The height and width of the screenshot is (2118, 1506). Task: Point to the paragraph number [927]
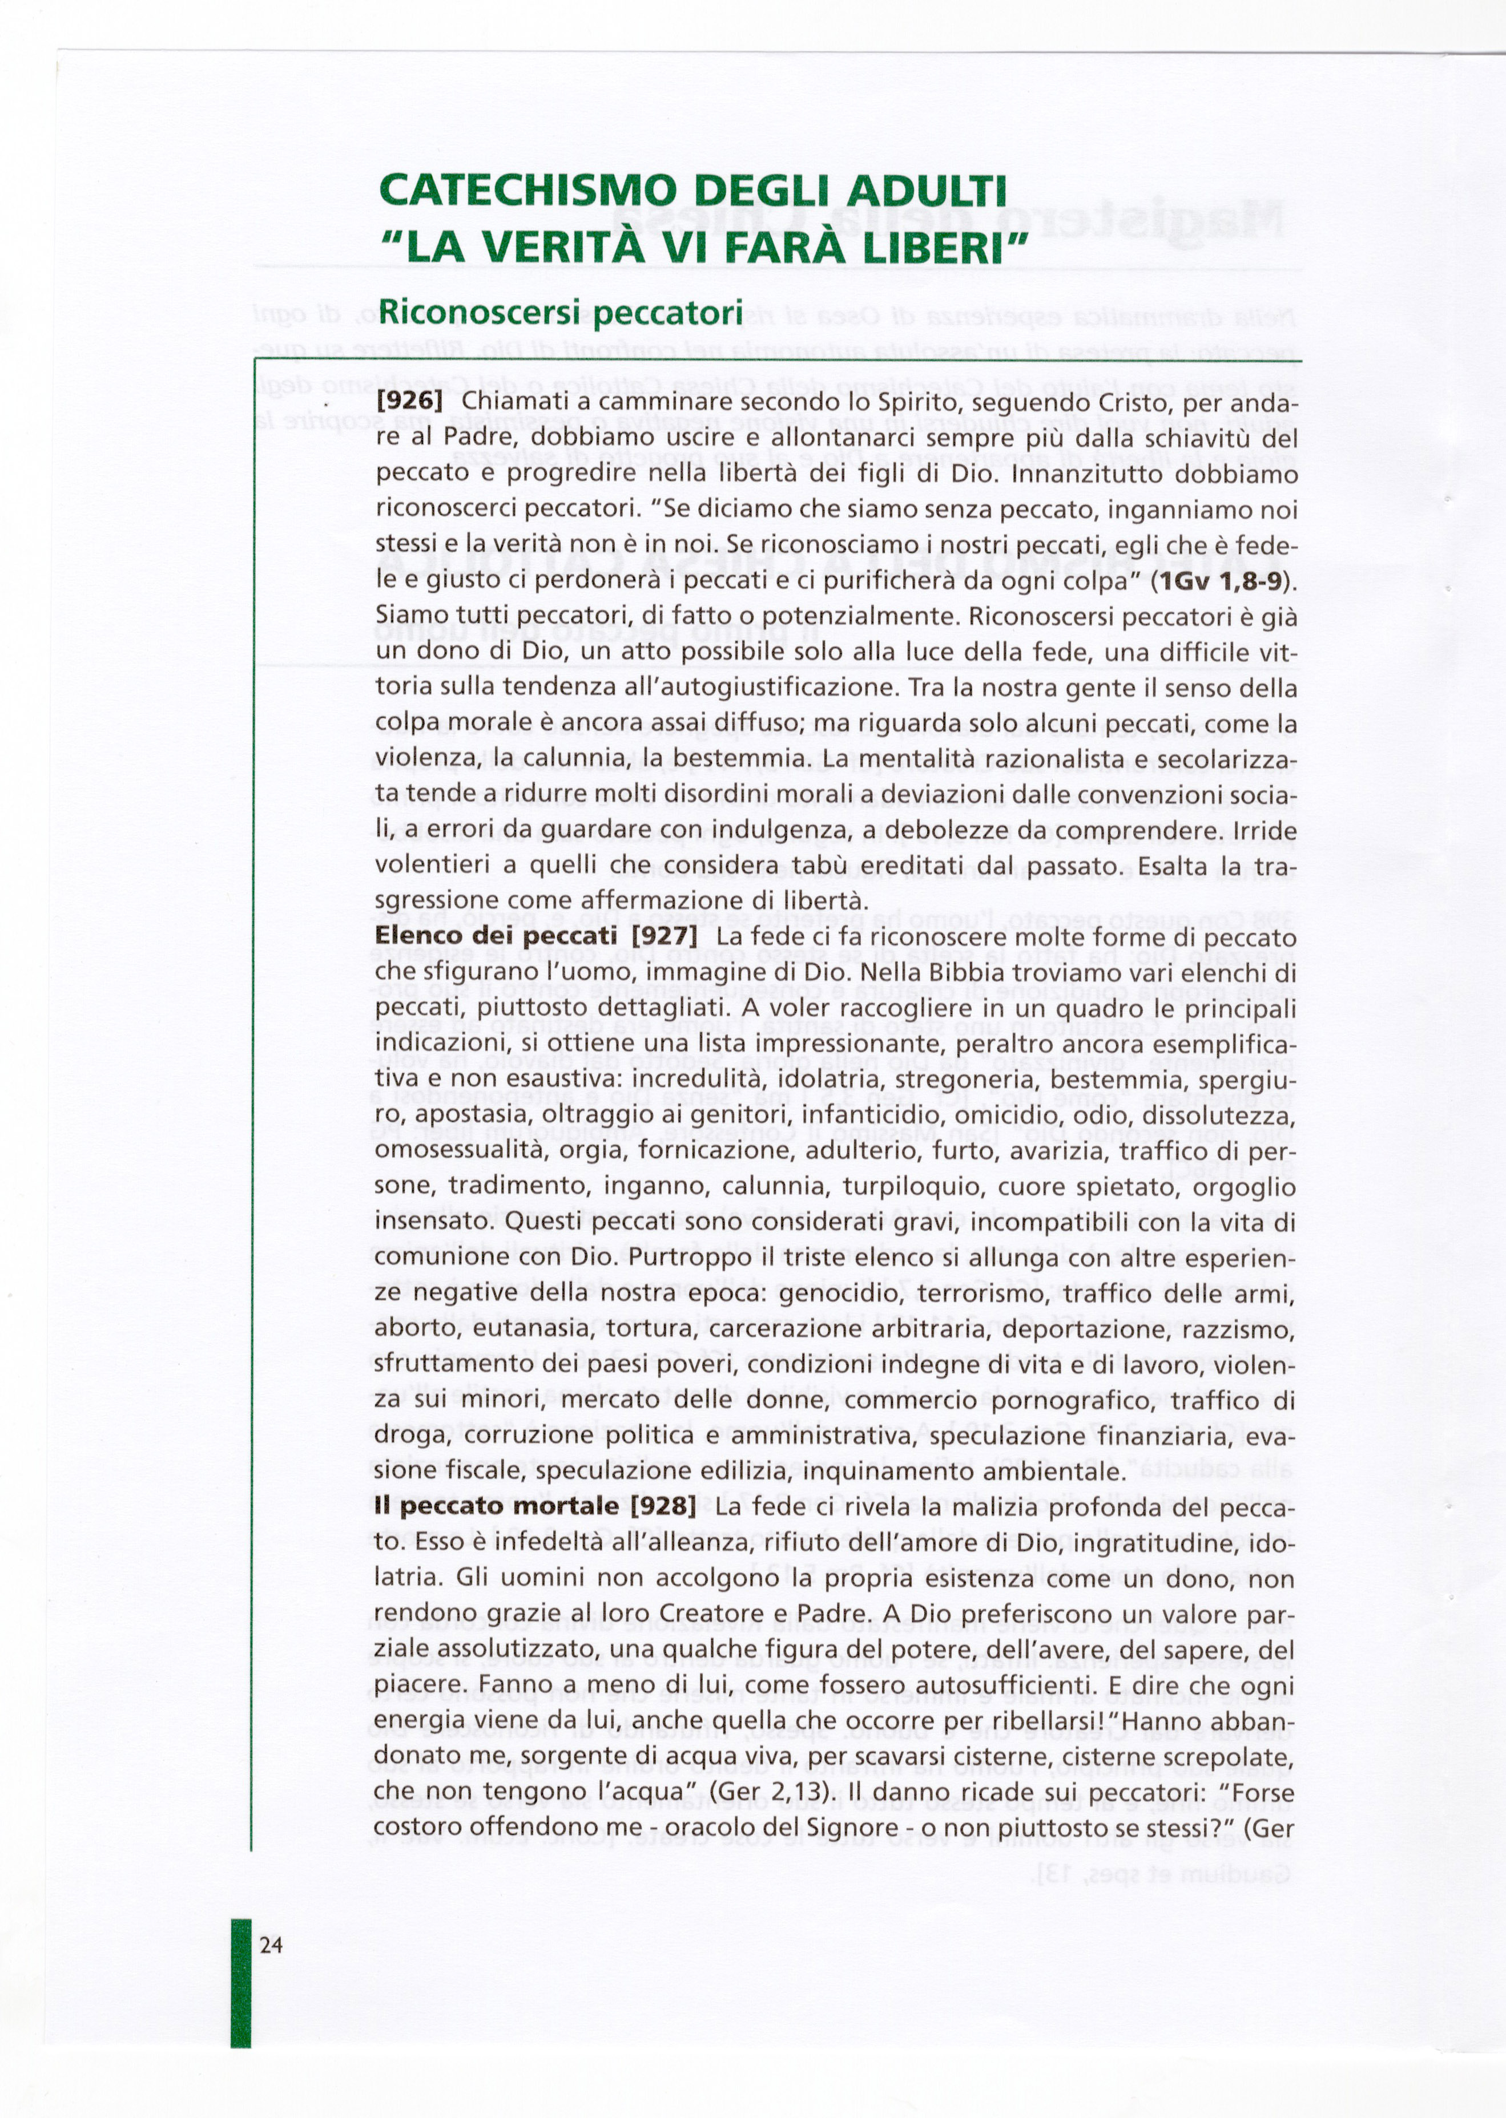point(663,937)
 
